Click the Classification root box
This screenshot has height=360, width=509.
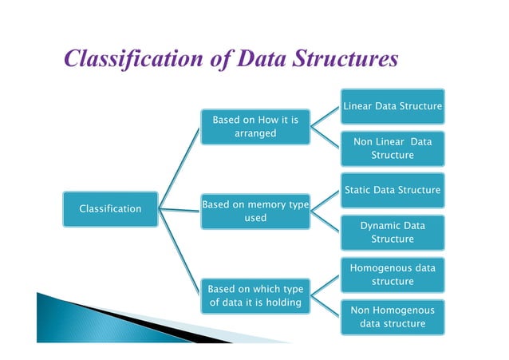[110, 209]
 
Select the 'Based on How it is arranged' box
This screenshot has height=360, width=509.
[254, 127]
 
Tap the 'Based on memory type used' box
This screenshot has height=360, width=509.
[254, 211]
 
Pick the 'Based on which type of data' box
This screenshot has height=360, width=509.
[254, 295]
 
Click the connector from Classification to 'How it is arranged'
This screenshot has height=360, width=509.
[180, 168]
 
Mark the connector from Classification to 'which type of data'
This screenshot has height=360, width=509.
[180, 251]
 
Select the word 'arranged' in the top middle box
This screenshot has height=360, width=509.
[254, 133]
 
